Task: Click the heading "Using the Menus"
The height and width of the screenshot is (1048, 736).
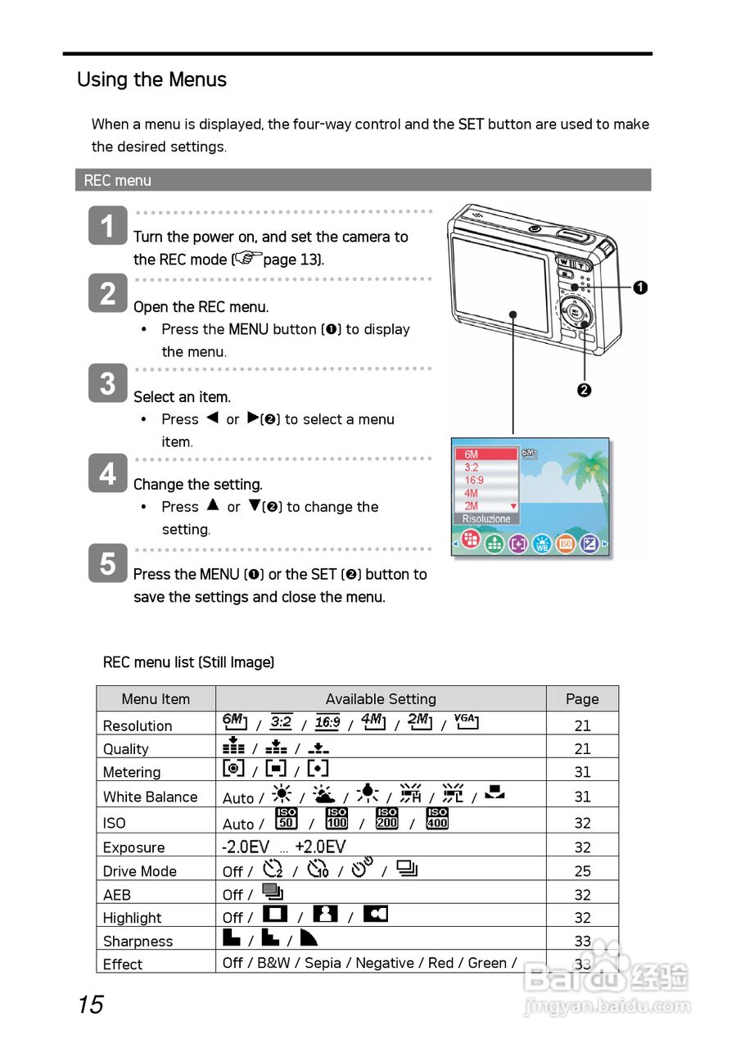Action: (x=151, y=80)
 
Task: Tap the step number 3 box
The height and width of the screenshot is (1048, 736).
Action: (x=107, y=383)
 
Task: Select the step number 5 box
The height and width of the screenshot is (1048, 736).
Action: (x=107, y=563)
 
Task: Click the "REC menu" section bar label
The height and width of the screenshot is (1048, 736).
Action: (x=118, y=180)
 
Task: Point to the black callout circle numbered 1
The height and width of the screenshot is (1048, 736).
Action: (x=640, y=287)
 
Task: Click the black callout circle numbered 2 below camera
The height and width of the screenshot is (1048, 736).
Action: (x=584, y=390)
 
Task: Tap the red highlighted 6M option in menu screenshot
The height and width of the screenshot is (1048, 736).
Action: (x=486, y=454)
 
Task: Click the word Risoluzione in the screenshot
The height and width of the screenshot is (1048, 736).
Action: (x=486, y=519)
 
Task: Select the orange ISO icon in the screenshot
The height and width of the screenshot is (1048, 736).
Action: (x=565, y=542)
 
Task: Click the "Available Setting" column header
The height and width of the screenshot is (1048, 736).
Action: (x=381, y=699)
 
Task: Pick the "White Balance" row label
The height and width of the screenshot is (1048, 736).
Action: (x=151, y=797)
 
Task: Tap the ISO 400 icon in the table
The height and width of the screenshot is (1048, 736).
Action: (x=437, y=819)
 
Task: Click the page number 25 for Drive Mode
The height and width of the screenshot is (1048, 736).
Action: (x=582, y=871)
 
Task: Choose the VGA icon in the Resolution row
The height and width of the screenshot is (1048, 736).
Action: (x=466, y=721)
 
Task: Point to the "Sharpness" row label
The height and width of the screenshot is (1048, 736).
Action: (x=138, y=942)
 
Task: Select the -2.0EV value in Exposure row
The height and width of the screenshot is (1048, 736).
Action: (x=246, y=847)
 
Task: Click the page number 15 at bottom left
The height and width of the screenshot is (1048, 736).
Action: (x=91, y=1005)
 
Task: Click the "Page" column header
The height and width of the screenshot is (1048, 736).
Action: (x=582, y=699)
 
